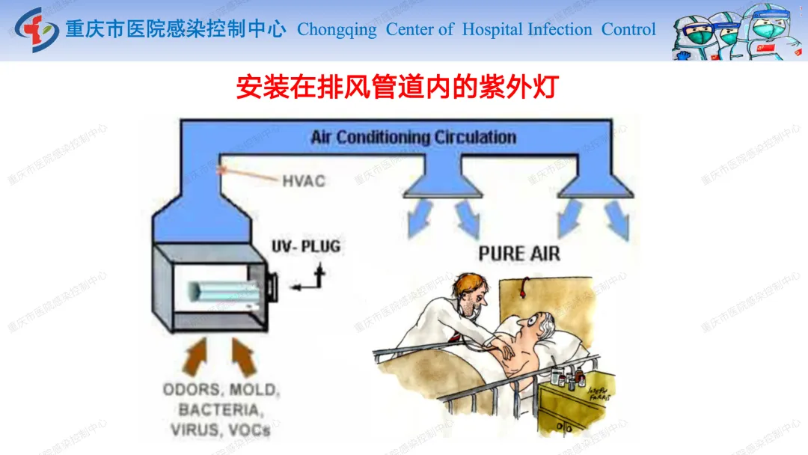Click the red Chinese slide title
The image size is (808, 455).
397,87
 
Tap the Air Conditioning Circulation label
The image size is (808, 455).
414,138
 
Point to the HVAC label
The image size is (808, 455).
304,180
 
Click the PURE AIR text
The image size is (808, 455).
518,254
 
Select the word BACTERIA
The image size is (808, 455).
221,410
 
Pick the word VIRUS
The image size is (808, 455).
193,430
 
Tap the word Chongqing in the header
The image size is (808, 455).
337,30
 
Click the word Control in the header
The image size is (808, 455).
628,30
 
